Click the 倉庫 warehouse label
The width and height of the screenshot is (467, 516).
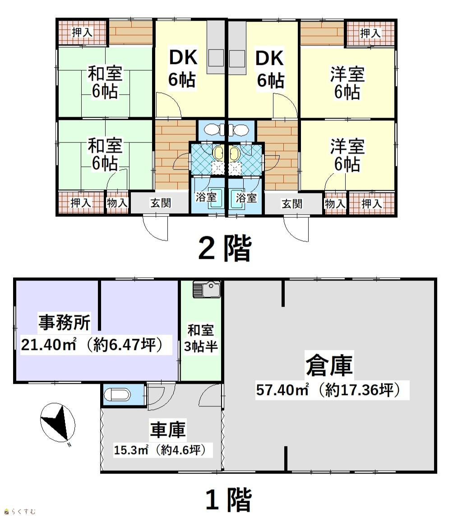click(x=329, y=365)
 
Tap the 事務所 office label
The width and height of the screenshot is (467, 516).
click(x=65, y=322)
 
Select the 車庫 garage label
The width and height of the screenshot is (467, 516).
click(x=168, y=429)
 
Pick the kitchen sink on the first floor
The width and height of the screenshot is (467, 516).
click(x=206, y=290)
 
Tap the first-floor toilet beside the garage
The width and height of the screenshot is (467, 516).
click(x=117, y=395)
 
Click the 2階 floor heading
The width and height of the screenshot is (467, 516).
click(x=225, y=248)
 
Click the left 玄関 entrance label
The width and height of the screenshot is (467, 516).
click(x=161, y=203)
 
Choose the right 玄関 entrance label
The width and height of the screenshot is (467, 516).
click(x=292, y=204)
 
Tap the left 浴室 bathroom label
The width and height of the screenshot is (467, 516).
click(x=206, y=197)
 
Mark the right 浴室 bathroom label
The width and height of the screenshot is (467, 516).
click(x=246, y=198)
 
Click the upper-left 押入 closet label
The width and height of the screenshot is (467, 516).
click(x=82, y=32)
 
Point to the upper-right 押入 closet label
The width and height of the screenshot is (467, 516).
click(x=370, y=33)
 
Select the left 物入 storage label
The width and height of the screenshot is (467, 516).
click(x=117, y=203)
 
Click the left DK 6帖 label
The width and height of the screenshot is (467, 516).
click(x=183, y=68)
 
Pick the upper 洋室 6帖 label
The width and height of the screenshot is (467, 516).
click(x=347, y=83)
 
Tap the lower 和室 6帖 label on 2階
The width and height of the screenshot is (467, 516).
click(x=105, y=154)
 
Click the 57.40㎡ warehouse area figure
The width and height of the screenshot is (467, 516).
click(x=282, y=390)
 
